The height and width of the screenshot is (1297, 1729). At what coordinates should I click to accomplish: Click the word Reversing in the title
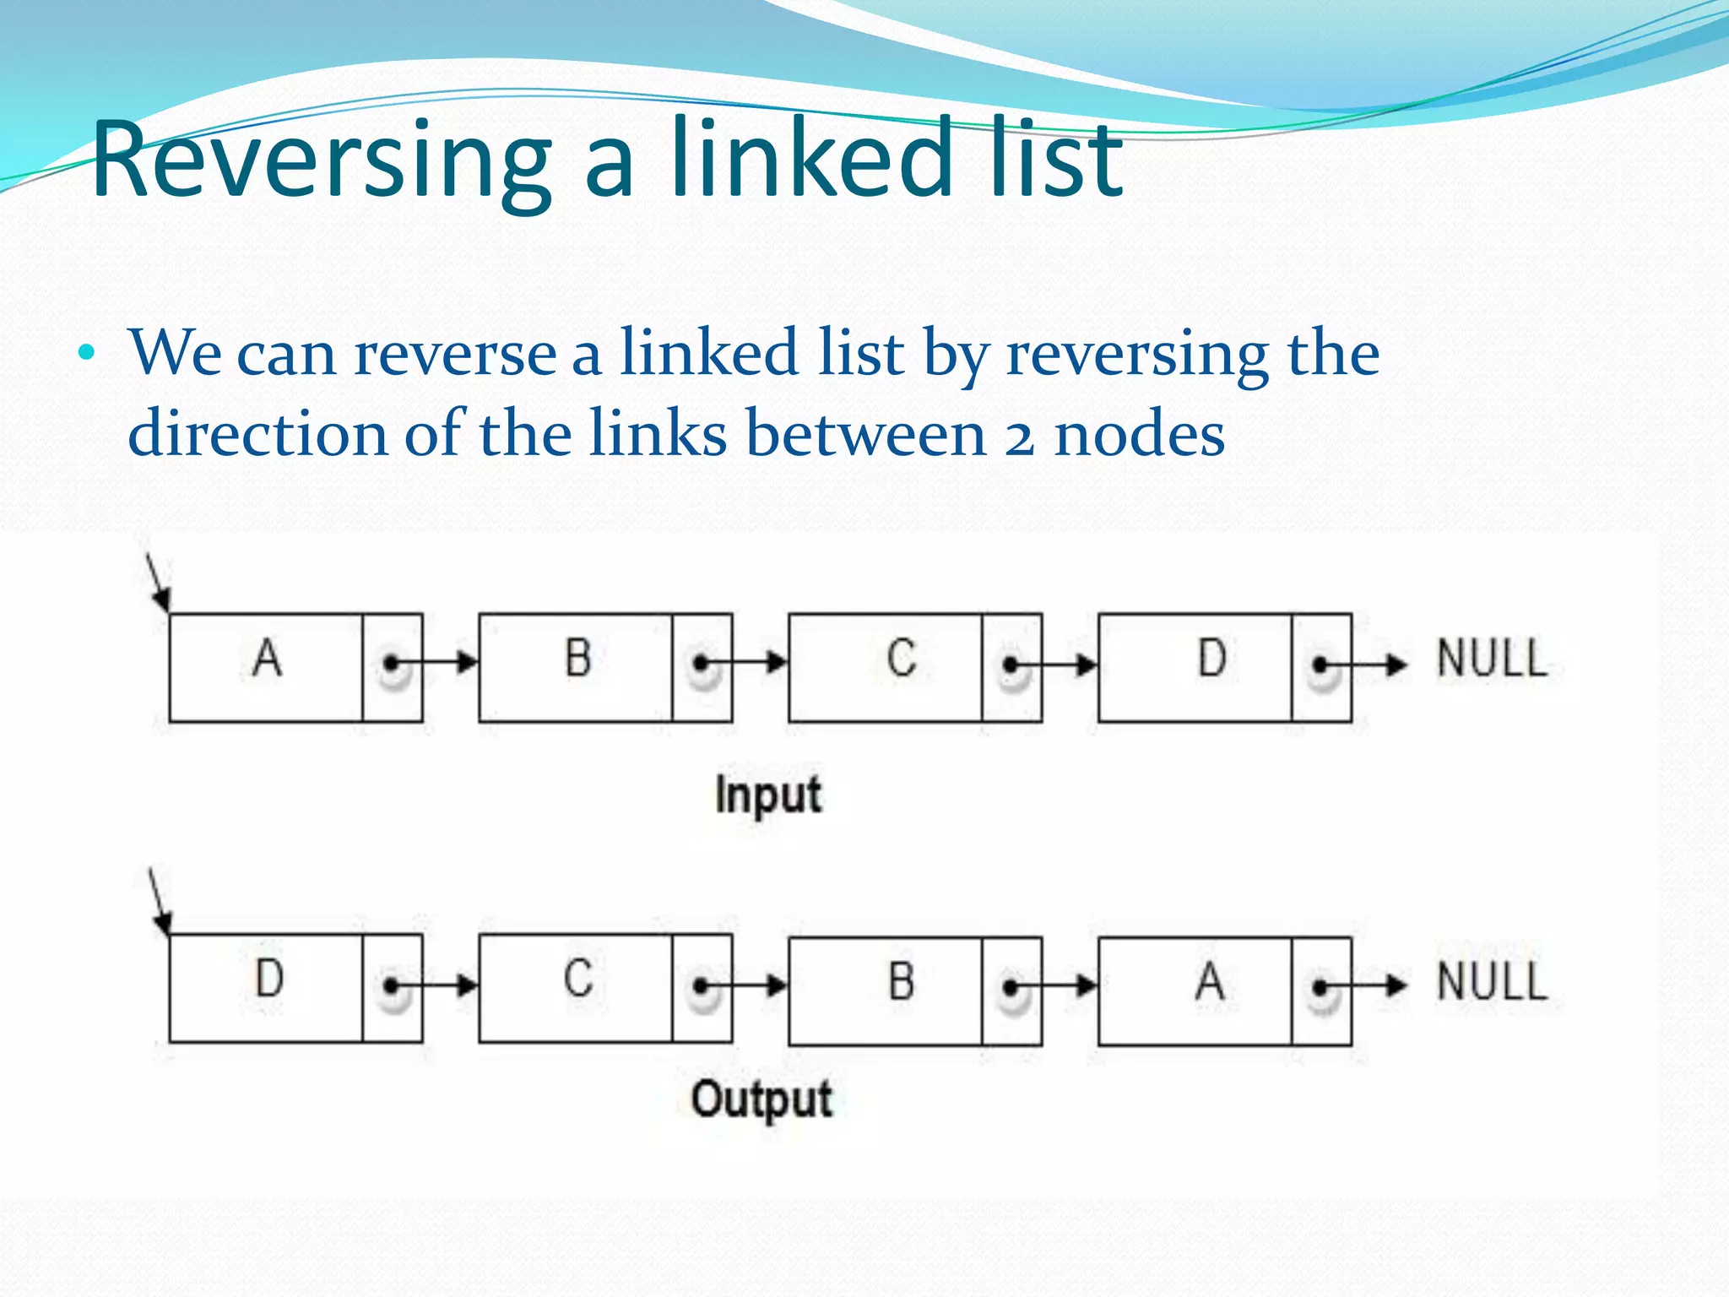[x=321, y=160]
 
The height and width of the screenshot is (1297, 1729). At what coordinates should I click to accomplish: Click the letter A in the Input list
[x=267, y=659]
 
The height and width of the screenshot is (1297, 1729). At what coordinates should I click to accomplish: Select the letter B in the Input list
[x=577, y=659]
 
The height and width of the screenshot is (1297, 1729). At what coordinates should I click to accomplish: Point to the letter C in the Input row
[x=901, y=659]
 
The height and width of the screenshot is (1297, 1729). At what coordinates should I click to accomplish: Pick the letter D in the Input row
[x=1211, y=659]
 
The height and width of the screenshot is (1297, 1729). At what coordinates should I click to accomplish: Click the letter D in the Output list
[x=269, y=980]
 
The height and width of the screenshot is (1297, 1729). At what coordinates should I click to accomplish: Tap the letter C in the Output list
[x=577, y=980]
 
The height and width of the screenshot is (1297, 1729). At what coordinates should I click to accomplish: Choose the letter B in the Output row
[x=901, y=981]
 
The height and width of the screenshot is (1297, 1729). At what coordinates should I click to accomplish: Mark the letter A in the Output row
[x=1210, y=981]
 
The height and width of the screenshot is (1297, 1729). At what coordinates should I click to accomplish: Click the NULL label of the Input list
[x=1492, y=659]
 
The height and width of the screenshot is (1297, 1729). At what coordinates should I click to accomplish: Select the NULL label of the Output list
[x=1492, y=982]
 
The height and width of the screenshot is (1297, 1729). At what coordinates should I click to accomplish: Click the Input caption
[x=767, y=795]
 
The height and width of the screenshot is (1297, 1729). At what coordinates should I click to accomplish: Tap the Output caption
[x=762, y=1100]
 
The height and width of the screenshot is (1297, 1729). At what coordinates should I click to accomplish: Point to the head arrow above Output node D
[x=160, y=902]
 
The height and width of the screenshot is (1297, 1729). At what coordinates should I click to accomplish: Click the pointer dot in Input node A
[x=390, y=664]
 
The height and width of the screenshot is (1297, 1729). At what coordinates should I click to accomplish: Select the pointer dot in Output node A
[x=1320, y=986]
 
